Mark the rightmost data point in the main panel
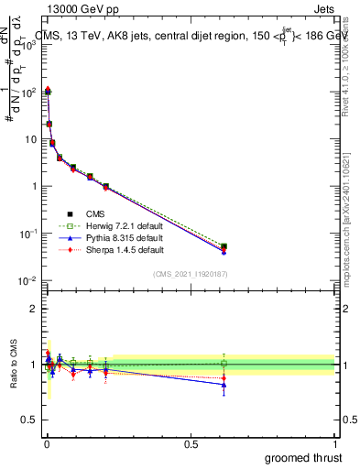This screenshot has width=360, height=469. (x=224, y=246)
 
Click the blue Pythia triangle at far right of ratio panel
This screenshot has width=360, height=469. (x=224, y=385)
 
